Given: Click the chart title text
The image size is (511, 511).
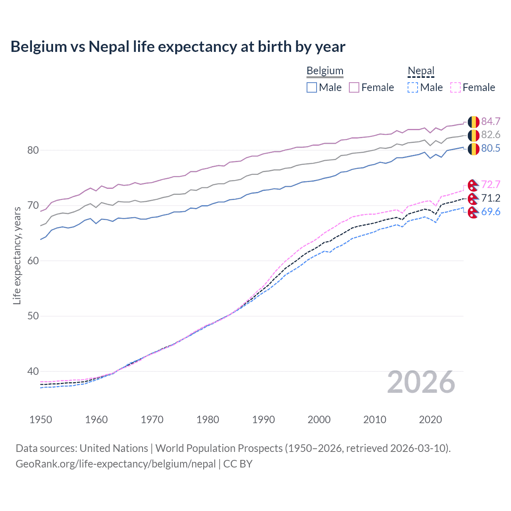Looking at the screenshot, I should pos(178,47).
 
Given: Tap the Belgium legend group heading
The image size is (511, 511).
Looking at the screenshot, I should pos(325,71).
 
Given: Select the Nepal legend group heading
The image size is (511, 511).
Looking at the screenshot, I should pos(421,71).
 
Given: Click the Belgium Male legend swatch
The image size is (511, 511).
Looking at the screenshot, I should pos(312,87).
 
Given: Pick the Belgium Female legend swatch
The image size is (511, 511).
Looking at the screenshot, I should pos(354,87).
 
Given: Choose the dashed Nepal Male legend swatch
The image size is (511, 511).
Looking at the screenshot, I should pos(413,87).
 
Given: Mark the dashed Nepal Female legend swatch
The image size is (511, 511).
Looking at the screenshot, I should pos(456,87).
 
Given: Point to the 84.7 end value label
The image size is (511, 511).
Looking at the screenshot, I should pos(491,121).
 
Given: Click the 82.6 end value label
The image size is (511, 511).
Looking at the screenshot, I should pos(491,135).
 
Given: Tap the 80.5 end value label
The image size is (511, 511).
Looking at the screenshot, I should pos(491,148).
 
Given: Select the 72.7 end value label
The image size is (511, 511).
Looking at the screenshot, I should pos(491,184).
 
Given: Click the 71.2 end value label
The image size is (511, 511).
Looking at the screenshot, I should pos(491,198).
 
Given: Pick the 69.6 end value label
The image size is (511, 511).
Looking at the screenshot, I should pos(491,212).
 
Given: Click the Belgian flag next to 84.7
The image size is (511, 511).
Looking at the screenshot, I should pos(473,122).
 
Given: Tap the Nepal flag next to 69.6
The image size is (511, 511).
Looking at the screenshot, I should pos(473,212).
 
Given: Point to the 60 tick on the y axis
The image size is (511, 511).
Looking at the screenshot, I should pos(33,261).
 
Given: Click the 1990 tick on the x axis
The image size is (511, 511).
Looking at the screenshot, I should pos(263,420).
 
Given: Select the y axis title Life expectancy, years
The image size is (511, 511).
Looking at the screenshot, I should pos(17,255).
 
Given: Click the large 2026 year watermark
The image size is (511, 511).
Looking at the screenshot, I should pos(421,382).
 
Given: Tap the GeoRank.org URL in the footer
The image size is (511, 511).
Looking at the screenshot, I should pos(116,464).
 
